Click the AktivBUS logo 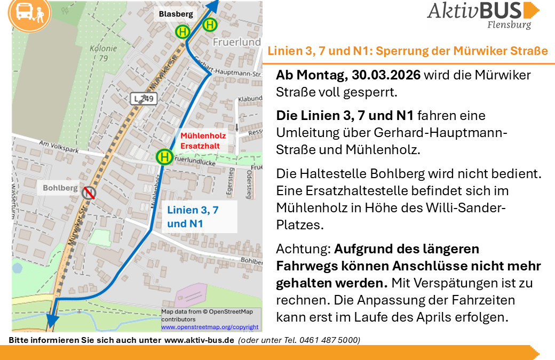pos(483,14)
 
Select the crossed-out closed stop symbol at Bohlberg pos(88,192)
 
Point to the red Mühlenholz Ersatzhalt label pos(203,140)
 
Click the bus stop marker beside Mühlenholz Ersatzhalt pos(165,157)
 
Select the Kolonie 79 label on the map pos(99,52)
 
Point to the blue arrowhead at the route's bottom pos(52,321)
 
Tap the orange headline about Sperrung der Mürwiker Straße pos(408,52)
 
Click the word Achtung pos(303,249)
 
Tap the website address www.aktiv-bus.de pos(199,340)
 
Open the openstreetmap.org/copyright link pos(210,327)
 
